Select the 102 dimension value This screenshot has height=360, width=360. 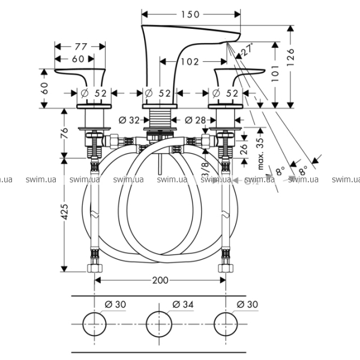[189, 61]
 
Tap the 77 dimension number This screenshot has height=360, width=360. [80, 46]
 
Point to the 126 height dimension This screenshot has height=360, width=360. [291, 59]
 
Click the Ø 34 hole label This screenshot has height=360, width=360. [182, 305]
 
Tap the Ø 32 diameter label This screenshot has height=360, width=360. [130, 119]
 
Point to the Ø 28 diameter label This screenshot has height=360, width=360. [195, 119]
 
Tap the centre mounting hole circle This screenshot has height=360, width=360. [159, 323]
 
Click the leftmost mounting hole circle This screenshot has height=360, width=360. [94, 323]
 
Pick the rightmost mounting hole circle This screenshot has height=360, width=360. [226, 323]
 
